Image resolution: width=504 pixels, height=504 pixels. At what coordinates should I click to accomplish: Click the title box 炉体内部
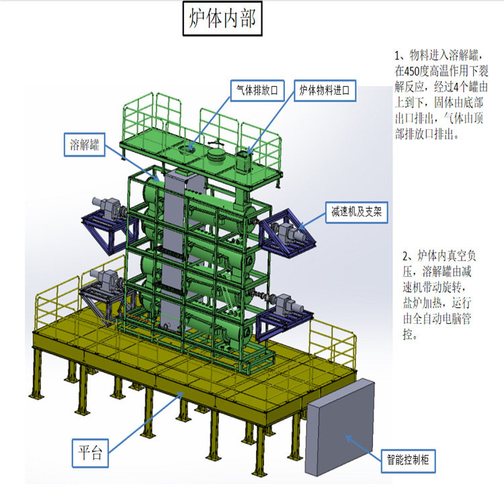pos(219,20)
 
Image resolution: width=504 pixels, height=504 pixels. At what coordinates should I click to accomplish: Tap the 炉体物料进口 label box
pos(326,89)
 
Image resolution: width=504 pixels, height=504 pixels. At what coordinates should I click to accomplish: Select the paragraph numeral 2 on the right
pos(406,257)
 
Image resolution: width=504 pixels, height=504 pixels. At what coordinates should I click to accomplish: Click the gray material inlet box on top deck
pos(243,161)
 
